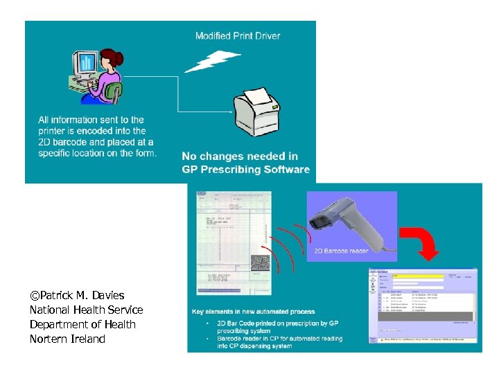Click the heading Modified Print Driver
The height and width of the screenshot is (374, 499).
(x=238, y=36)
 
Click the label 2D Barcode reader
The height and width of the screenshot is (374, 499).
(x=341, y=251)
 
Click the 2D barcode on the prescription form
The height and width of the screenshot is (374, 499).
(x=261, y=265)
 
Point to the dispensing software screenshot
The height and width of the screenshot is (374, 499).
(x=423, y=305)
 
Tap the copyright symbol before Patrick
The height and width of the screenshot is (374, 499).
(x=34, y=296)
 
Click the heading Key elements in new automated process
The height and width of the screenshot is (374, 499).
(x=253, y=312)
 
